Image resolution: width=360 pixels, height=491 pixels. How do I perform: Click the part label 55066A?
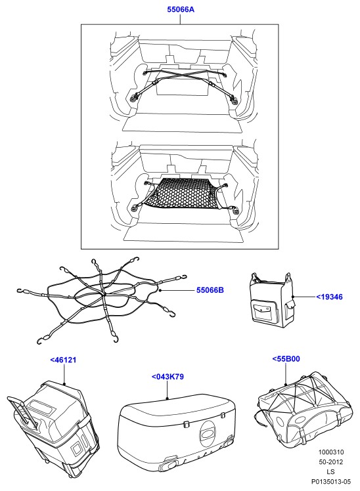pyautogui.click(x=181, y=9)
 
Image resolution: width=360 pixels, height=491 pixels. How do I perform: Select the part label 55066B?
pyautogui.click(x=210, y=290)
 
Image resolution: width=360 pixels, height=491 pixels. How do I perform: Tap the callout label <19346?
pyautogui.click(x=329, y=297)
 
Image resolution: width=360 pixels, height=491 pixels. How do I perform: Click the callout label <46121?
pyautogui.click(x=63, y=360)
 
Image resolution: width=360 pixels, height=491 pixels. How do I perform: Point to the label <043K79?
pyautogui.click(x=168, y=376)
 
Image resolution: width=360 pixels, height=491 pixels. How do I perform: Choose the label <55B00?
pyautogui.click(x=286, y=358)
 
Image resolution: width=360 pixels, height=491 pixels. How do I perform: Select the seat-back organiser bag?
pyautogui.click(x=272, y=301)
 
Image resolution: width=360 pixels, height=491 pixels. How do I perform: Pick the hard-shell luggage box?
pyautogui.click(x=177, y=432)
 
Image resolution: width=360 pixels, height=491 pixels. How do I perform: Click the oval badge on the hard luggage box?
pyautogui.click(x=207, y=434)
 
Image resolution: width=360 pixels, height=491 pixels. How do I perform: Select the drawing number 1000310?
pyautogui.click(x=331, y=452)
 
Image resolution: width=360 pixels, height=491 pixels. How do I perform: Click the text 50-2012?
pyautogui.click(x=331, y=462)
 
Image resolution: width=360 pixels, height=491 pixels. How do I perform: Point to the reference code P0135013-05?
pyautogui.click(x=331, y=482)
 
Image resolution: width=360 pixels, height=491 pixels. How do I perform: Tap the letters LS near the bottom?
pyautogui.click(x=330, y=471)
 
